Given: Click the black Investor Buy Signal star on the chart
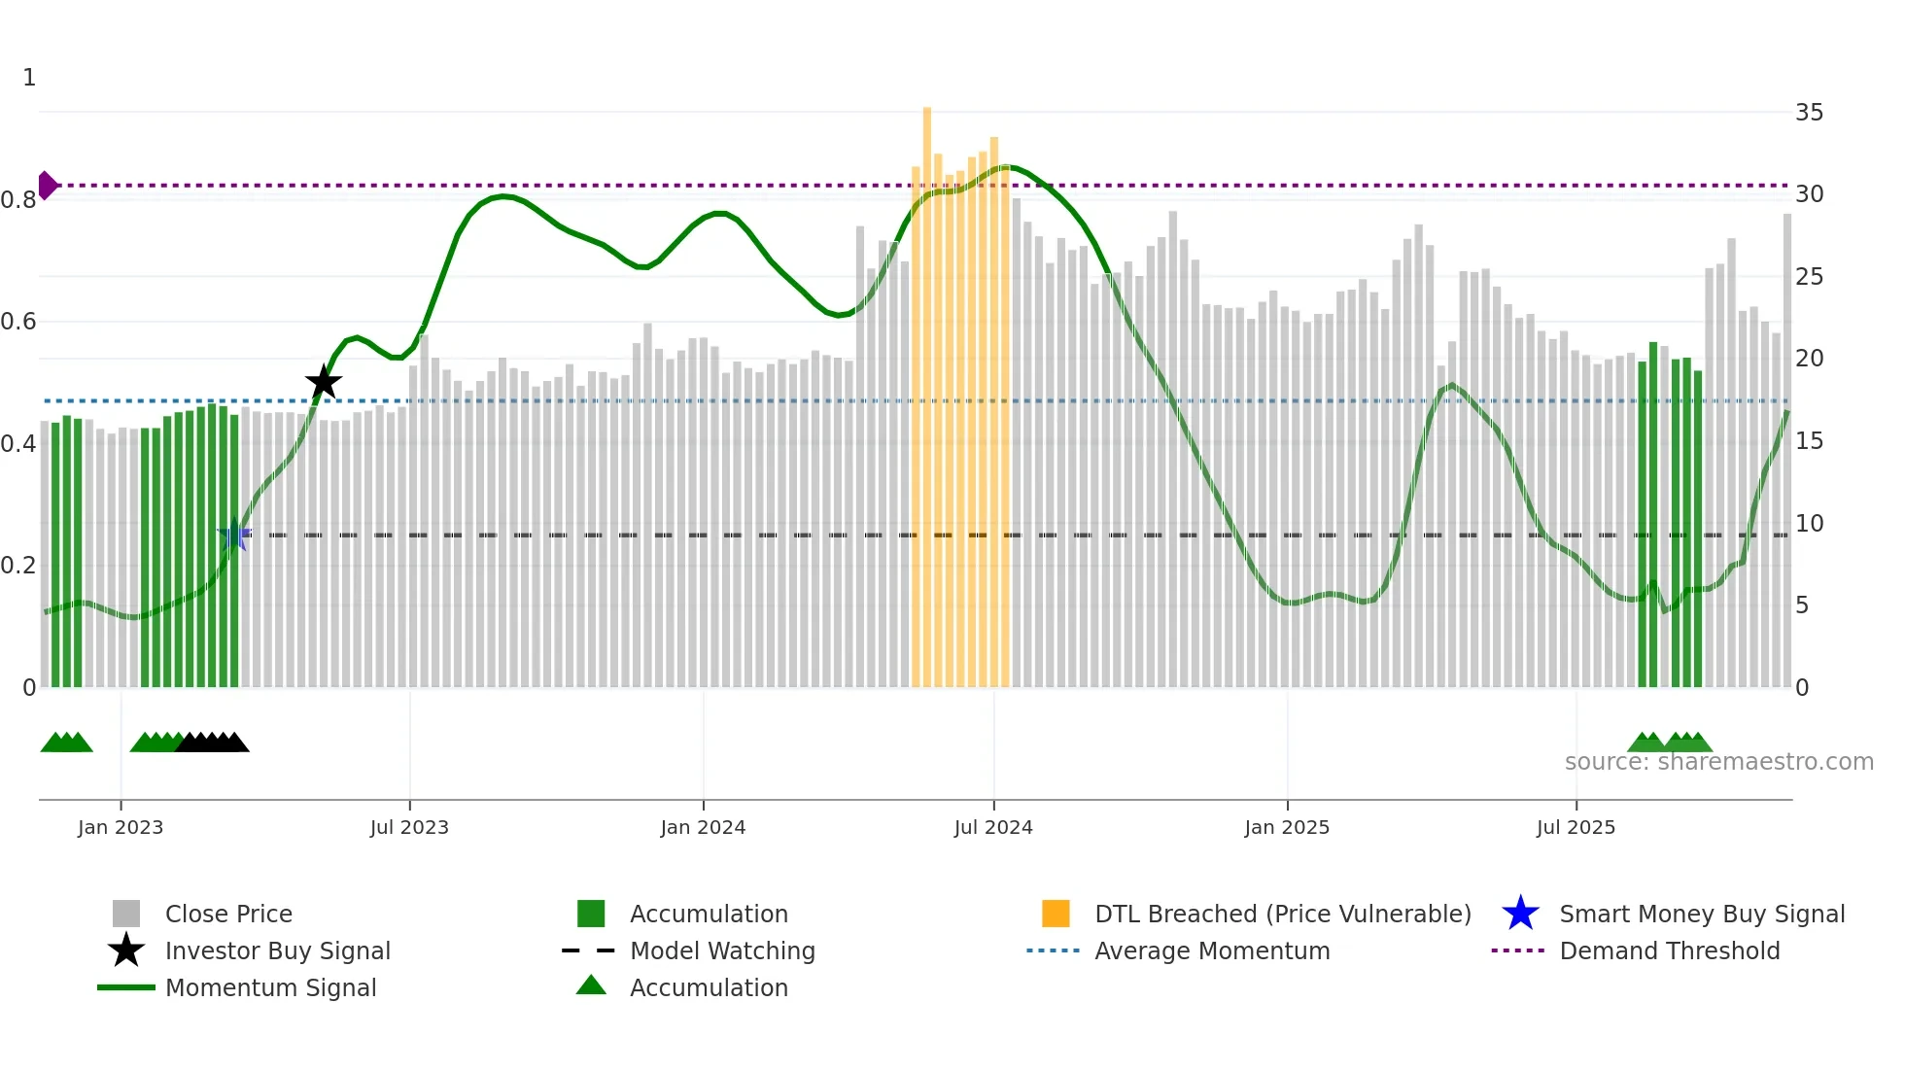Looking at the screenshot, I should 324,382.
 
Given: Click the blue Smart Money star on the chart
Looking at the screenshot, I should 234,535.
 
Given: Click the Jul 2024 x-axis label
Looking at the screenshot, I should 993,827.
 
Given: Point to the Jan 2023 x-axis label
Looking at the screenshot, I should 121,827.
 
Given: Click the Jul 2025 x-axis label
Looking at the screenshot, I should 1576,827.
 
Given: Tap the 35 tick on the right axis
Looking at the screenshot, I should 1809,113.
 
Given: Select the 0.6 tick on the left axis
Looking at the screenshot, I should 18,322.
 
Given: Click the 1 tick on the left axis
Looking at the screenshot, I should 29,78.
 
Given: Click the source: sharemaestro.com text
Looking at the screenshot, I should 1718,762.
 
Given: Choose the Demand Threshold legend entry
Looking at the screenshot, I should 1669,950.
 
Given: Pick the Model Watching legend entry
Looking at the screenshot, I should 722,950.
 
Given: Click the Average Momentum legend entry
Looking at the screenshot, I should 1212,950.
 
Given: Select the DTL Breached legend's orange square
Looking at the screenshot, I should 1056,914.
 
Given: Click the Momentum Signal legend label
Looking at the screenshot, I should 270,987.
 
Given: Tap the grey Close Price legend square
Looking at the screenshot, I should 126,914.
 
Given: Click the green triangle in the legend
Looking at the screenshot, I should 591,985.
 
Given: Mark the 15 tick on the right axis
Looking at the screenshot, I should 1809,441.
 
